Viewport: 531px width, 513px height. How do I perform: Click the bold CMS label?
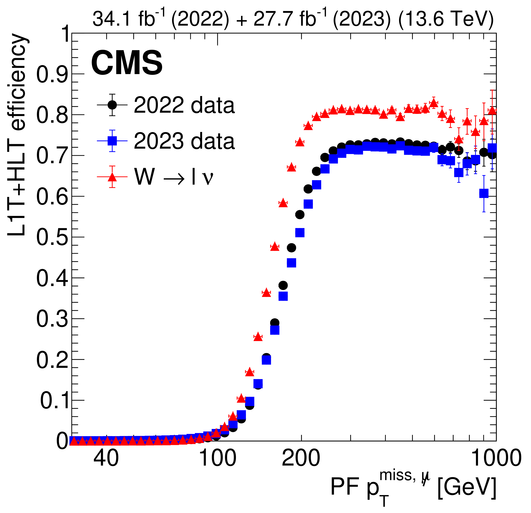(x=127, y=63)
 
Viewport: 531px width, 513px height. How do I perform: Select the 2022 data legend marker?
(x=112, y=105)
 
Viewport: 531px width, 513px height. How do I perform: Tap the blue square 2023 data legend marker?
(x=112, y=141)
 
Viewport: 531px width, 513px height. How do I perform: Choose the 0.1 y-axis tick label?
(x=54, y=400)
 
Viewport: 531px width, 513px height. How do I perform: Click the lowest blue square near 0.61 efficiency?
(x=484, y=193)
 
